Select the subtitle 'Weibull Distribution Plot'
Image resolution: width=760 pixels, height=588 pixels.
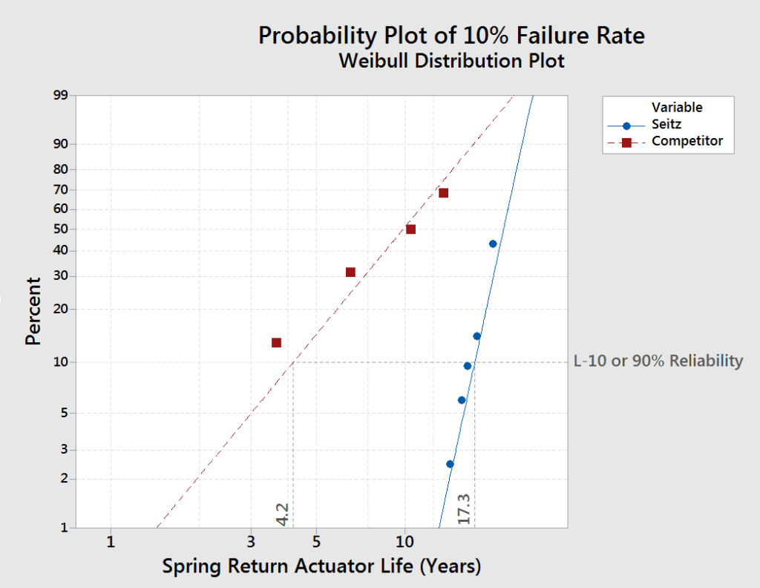point(451,61)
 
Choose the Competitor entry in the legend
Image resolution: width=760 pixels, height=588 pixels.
point(687,141)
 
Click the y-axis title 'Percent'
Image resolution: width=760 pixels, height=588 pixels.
point(33,311)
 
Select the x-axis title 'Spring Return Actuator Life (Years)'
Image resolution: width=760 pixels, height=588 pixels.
point(321,566)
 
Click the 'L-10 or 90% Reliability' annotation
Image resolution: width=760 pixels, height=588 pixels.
point(658,361)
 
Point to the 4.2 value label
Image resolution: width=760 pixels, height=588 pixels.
point(282,514)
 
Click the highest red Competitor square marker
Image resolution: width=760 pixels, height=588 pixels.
point(443,193)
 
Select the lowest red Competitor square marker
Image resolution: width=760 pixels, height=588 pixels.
point(276,342)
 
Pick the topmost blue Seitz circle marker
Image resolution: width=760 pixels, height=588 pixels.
point(493,244)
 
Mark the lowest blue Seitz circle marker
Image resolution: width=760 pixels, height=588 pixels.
point(450,464)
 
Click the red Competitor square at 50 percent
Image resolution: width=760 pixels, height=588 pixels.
point(410,229)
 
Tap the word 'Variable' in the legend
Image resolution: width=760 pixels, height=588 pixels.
point(677,108)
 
